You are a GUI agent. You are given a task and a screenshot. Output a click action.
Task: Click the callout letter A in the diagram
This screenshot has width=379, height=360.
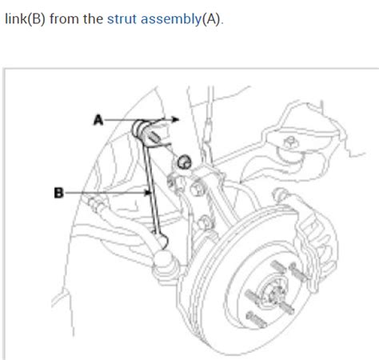coord(98,120)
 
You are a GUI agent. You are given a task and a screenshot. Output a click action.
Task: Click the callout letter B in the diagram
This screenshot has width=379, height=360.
coord(59,193)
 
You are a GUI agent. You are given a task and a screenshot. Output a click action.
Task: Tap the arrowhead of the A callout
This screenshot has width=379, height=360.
coord(175,119)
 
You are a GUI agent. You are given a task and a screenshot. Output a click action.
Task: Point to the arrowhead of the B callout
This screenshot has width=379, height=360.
coord(148,193)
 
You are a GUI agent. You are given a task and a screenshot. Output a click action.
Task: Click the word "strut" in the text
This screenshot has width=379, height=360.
coord(122,19)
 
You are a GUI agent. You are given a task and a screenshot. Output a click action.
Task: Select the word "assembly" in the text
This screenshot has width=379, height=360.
coord(171,20)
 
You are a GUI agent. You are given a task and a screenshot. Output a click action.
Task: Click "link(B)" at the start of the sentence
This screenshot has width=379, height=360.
coord(25,19)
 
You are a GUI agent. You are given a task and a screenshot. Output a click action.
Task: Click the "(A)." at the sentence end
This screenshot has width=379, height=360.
coord(213,20)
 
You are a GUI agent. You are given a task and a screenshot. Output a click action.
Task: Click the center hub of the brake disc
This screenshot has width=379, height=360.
coord(273,293)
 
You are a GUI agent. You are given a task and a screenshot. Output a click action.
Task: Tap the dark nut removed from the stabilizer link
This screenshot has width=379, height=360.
coord(185,162)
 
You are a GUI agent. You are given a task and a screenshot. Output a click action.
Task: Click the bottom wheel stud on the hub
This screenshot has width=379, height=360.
coord(256,320)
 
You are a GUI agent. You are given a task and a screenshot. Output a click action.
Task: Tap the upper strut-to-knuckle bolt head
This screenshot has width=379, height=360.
coord(197,189)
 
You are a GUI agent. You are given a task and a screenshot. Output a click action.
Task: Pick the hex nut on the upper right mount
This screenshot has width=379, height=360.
coord(290,142)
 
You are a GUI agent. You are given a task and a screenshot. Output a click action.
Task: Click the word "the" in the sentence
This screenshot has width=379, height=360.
coord(93,19)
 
